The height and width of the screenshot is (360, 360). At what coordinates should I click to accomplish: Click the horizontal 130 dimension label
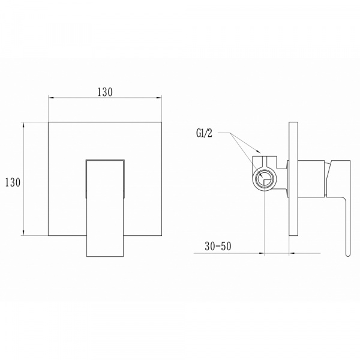(105, 92)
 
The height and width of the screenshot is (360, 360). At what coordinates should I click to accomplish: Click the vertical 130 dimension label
(13, 182)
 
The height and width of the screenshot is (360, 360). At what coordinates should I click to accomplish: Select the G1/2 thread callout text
(205, 133)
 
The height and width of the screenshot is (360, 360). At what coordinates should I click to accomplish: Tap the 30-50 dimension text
(218, 247)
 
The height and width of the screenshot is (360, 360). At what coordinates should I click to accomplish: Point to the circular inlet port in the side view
(265, 179)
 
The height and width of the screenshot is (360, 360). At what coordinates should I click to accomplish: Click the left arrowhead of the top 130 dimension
(51, 98)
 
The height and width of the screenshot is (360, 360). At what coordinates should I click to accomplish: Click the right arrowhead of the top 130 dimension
(159, 98)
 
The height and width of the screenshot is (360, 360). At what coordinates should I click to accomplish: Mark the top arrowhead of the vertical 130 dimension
(23, 125)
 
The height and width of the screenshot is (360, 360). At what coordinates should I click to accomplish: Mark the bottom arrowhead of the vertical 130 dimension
(23, 233)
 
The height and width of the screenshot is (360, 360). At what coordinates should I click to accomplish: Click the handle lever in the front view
(105, 208)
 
